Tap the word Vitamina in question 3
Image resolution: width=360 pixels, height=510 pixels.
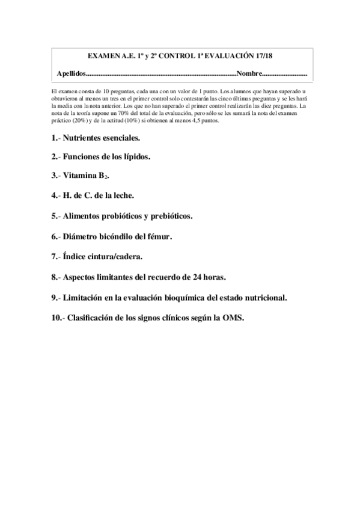point(81,176)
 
